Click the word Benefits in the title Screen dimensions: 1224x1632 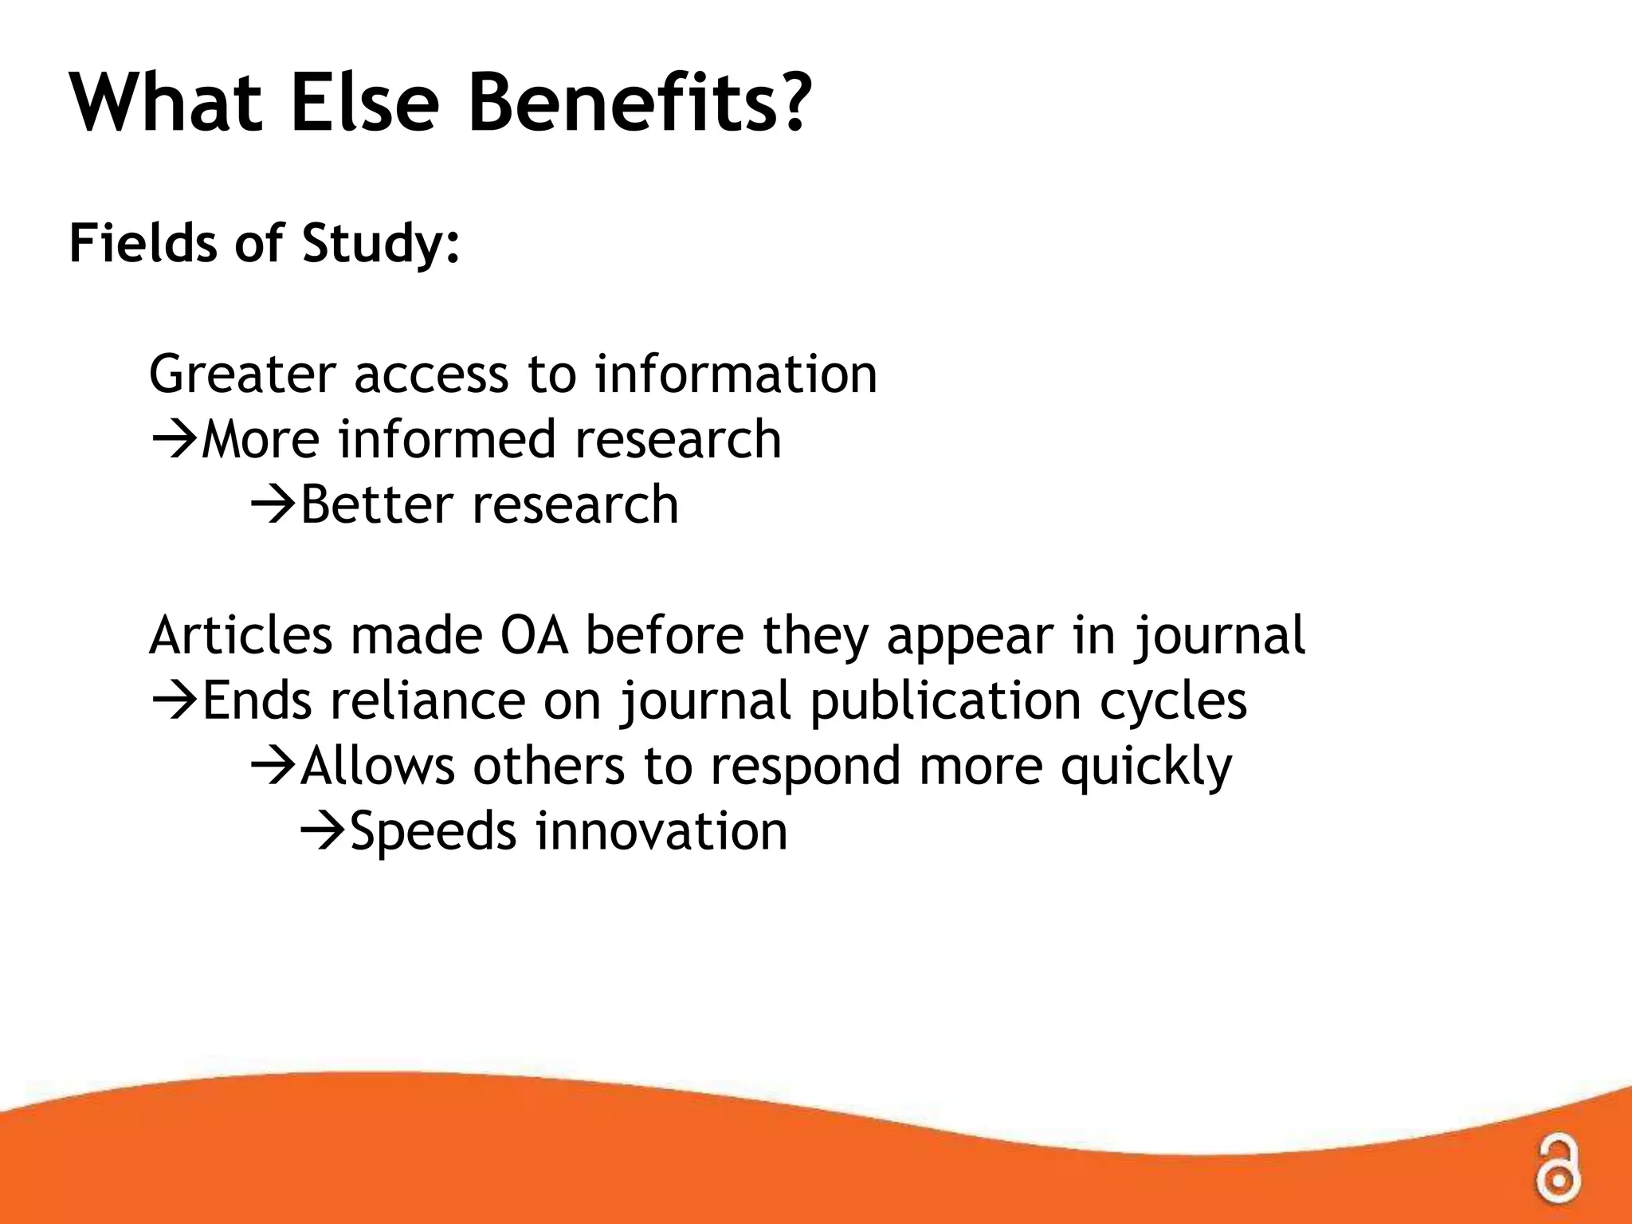tap(637, 104)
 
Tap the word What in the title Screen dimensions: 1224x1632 tap(167, 104)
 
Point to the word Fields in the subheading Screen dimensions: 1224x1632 tap(143, 243)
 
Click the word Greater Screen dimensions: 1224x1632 tap(242, 375)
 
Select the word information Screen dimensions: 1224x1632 tap(736, 375)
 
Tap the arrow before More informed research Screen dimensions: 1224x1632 tap(174, 440)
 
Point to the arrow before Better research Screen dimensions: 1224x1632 tap(273, 505)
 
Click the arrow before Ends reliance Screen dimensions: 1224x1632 tap(174, 701)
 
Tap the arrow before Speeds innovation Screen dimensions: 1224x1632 tap(323, 832)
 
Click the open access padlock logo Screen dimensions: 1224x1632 tap(1557, 1167)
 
